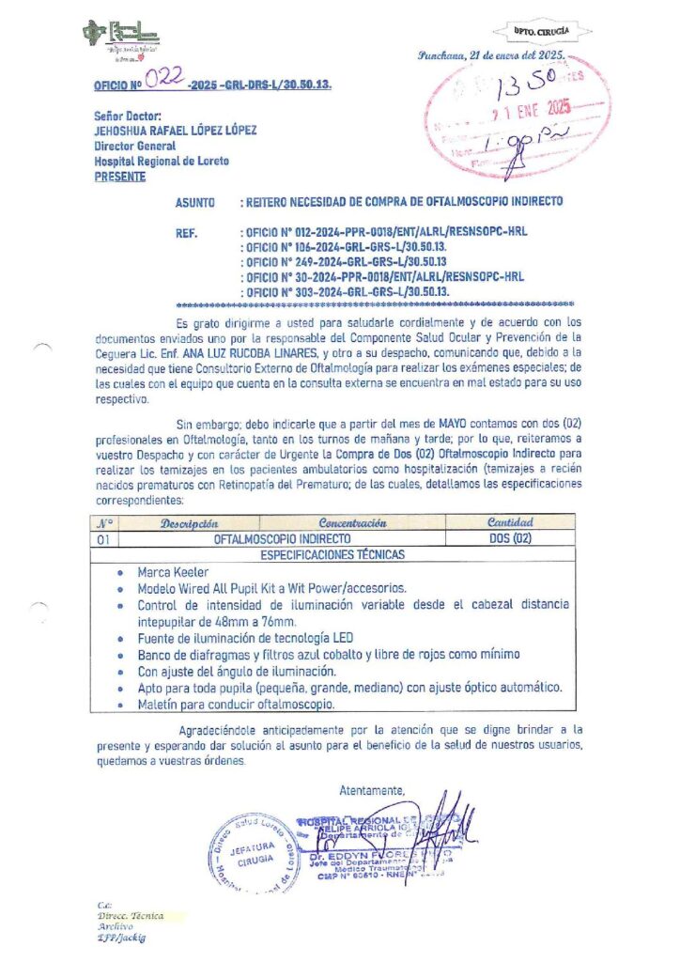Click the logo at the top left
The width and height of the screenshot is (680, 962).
click(x=121, y=39)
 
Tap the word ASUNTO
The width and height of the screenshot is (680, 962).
click(x=195, y=202)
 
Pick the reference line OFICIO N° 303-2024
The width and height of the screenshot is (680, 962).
click(x=346, y=291)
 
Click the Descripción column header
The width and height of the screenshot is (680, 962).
click(x=190, y=522)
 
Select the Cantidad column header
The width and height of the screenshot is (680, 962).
click(x=510, y=522)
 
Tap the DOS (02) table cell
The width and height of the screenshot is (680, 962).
click(x=510, y=539)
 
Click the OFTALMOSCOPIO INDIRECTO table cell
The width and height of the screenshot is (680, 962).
click(x=283, y=539)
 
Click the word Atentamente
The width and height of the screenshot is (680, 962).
click(x=372, y=788)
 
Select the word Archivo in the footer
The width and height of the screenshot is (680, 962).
click(x=116, y=925)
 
